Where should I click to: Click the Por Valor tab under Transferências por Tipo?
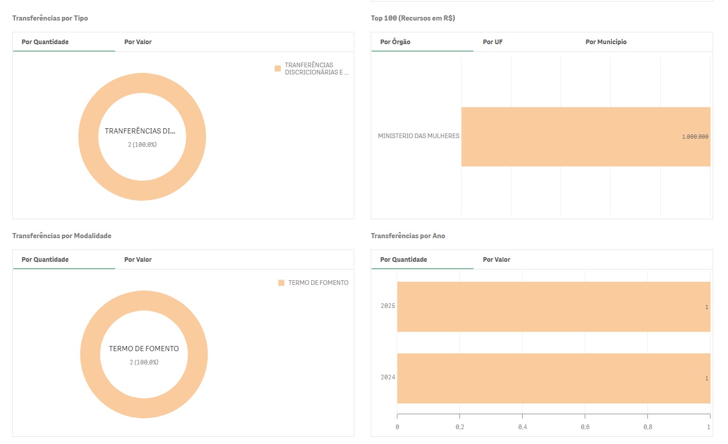(x=138, y=42)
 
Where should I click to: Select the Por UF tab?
(x=492, y=42)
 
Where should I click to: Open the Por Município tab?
(x=606, y=42)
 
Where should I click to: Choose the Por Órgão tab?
(x=395, y=42)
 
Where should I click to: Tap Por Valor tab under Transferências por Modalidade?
(x=138, y=260)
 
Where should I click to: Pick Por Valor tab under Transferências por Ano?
(x=496, y=260)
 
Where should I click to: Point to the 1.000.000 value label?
(x=695, y=137)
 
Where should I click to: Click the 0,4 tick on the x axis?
(x=522, y=427)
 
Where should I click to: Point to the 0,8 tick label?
(x=647, y=427)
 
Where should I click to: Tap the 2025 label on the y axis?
(x=388, y=306)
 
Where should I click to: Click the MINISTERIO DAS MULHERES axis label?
(x=418, y=136)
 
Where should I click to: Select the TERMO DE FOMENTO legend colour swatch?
(x=281, y=283)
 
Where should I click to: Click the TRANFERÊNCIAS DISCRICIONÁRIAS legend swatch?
(x=278, y=68)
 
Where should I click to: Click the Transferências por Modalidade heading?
(x=62, y=236)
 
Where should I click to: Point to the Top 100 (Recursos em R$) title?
(x=413, y=18)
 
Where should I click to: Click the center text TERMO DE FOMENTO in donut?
(x=144, y=349)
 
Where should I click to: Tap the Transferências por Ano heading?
(x=408, y=236)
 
